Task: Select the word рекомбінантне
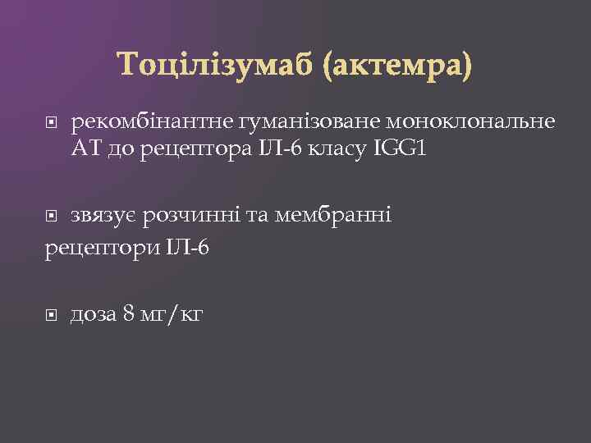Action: pos(153,123)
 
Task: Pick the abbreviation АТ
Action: pos(86,150)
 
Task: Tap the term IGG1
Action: pos(400,150)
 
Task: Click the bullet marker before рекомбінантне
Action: pos(52,123)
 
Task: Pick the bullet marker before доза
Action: pos(52,313)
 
